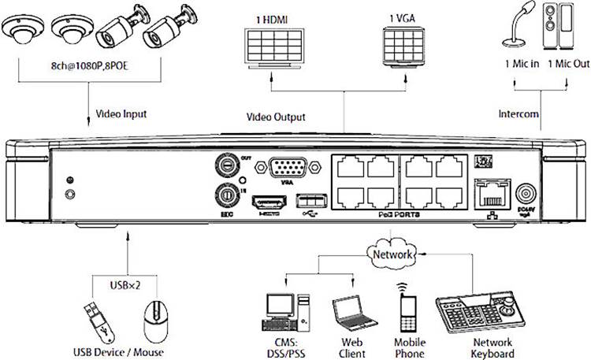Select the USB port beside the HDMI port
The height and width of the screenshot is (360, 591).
[x=307, y=202]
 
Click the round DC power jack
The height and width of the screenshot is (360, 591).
[x=525, y=194]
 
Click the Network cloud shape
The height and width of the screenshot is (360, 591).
[x=392, y=254]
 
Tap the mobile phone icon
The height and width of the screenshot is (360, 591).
[x=407, y=310]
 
